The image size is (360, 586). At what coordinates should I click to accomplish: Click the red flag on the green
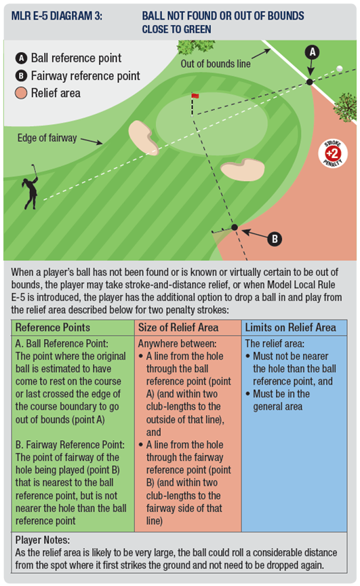195,96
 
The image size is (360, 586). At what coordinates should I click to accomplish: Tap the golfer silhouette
31,187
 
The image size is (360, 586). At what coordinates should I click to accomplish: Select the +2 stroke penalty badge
333,153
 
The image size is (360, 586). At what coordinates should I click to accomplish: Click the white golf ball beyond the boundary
340,69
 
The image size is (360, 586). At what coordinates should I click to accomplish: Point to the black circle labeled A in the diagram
312,52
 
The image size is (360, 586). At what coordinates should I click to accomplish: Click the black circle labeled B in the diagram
275,239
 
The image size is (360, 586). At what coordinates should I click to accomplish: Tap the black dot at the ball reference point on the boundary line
310,81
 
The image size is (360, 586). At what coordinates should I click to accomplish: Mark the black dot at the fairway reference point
235,227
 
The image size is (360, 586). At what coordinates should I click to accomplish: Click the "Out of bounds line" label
216,64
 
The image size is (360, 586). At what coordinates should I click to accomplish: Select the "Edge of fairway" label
47,138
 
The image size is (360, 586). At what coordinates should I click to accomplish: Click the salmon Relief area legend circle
21,93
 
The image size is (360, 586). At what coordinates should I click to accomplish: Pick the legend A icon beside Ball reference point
21,58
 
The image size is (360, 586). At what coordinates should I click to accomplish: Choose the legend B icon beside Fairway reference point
21,76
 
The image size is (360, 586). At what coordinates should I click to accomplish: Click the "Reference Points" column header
53,328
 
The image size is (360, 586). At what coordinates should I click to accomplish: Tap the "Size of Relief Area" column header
178,328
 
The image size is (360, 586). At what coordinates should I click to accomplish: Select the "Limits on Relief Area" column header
291,328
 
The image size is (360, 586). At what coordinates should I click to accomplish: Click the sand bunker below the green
243,170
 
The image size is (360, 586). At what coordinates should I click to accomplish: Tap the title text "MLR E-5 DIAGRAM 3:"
57,16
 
